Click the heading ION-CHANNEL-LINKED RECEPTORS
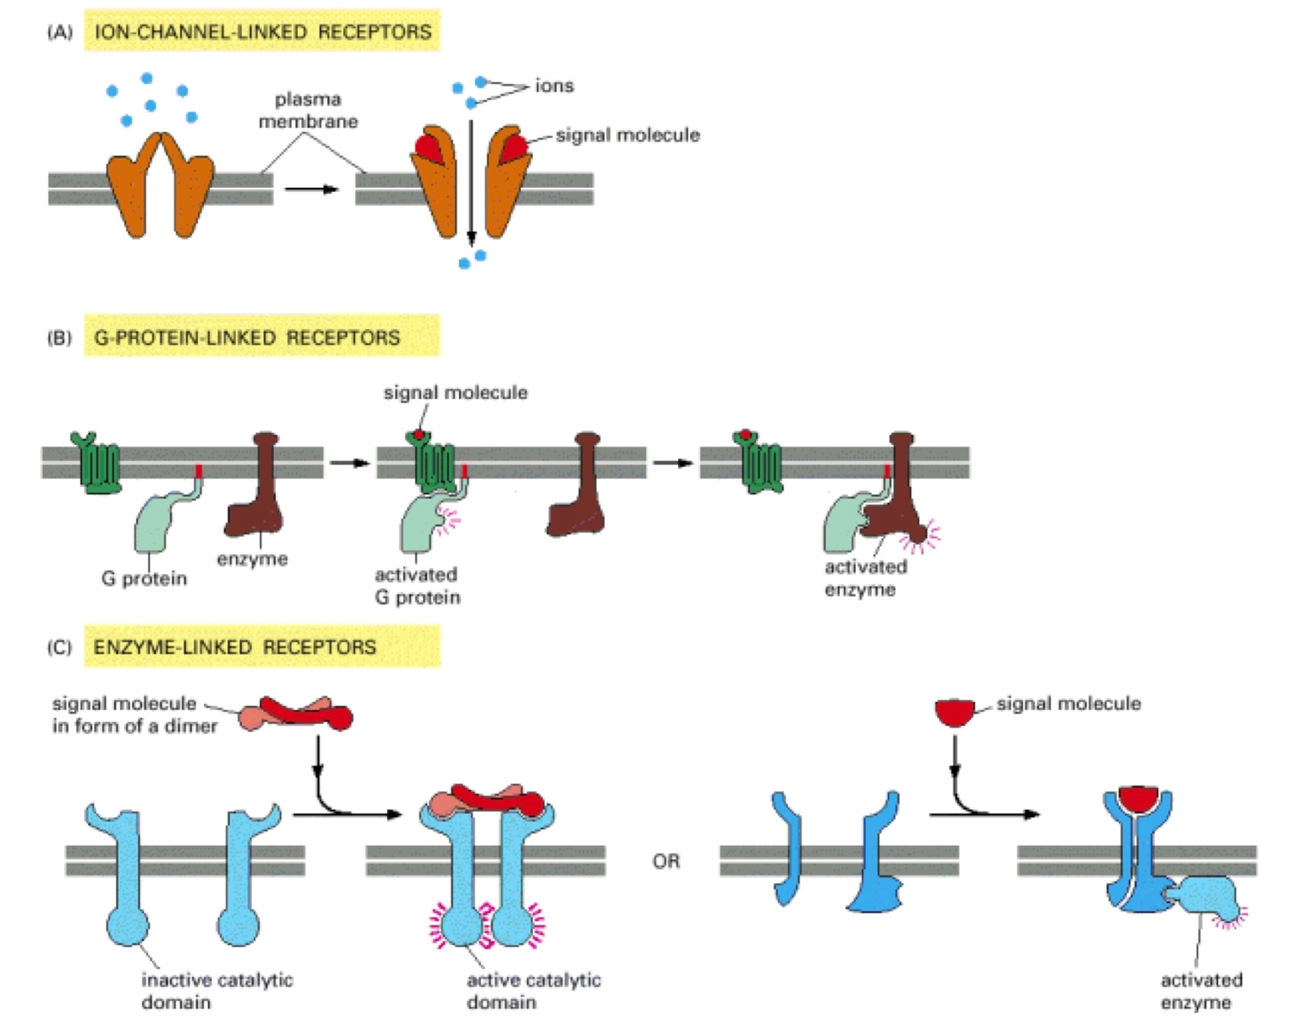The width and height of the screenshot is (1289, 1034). tap(262, 32)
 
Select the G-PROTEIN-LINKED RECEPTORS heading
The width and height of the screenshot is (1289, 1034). tap(247, 337)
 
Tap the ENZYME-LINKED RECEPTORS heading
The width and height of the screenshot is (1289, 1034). tap(235, 647)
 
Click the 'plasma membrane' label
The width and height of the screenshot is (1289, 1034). tap(308, 110)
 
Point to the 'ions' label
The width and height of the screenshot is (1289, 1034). tap(554, 86)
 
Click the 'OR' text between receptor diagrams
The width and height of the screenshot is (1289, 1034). tap(666, 861)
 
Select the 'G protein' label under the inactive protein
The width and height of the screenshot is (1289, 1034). tap(144, 578)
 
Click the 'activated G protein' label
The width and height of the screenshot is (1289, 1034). tap(417, 586)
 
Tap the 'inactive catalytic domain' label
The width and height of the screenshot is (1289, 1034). tap(217, 990)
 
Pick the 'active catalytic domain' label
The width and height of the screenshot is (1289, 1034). tap(534, 990)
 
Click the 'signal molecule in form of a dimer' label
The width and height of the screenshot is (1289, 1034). tap(134, 714)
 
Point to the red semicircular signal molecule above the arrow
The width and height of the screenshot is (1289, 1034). tap(959, 713)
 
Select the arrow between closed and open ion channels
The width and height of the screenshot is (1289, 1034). tap(311, 189)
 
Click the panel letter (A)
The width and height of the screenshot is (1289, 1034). tap(60, 32)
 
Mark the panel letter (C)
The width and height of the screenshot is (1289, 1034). tap(60, 647)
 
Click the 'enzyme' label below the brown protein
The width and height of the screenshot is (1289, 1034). tap(252, 559)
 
